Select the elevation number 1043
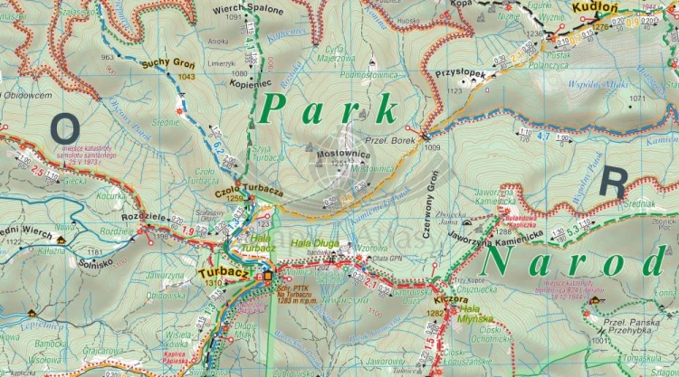186,77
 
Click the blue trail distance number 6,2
218,145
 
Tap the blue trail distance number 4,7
543,136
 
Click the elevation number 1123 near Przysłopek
454,90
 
